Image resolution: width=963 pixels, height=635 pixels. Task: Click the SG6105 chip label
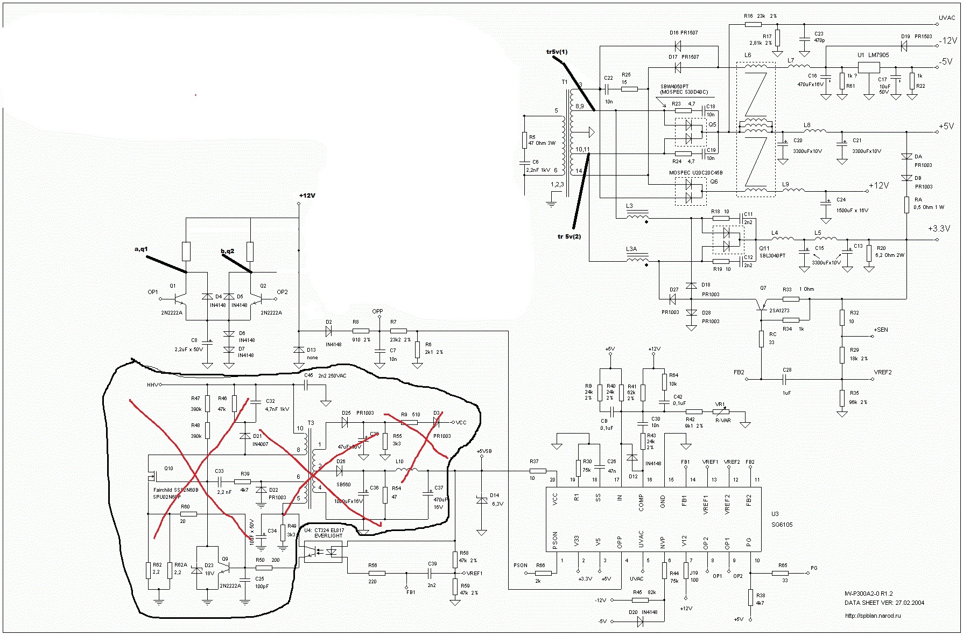782,524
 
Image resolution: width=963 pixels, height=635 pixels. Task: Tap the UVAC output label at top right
947,18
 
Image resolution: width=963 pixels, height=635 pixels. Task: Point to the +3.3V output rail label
939,228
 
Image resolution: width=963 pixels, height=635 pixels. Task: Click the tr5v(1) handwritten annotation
557,52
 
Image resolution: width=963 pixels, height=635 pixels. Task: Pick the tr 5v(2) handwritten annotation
569,236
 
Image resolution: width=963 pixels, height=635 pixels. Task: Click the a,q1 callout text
141,249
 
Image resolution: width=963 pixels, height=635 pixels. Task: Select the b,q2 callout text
228,251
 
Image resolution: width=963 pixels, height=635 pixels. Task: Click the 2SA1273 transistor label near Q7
779,310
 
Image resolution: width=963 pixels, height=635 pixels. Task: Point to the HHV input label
153,385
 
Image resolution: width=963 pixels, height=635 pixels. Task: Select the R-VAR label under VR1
722,420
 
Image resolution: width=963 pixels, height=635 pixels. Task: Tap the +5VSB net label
484,451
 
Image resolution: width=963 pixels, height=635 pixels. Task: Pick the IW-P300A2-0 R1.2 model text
868,594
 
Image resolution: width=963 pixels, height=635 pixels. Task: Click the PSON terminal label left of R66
520,566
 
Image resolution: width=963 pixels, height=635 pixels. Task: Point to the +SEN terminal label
881,330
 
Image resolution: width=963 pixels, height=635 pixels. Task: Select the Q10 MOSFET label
168,468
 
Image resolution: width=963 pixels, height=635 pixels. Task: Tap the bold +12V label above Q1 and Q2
307,196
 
